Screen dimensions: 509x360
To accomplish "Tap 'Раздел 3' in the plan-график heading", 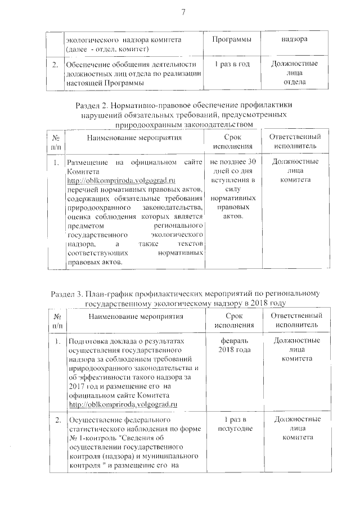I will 68,294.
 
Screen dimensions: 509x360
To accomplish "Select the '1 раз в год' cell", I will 231,65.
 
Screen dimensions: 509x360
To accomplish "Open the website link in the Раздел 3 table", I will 123,403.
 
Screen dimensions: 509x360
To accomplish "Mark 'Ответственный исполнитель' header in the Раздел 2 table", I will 295,142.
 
